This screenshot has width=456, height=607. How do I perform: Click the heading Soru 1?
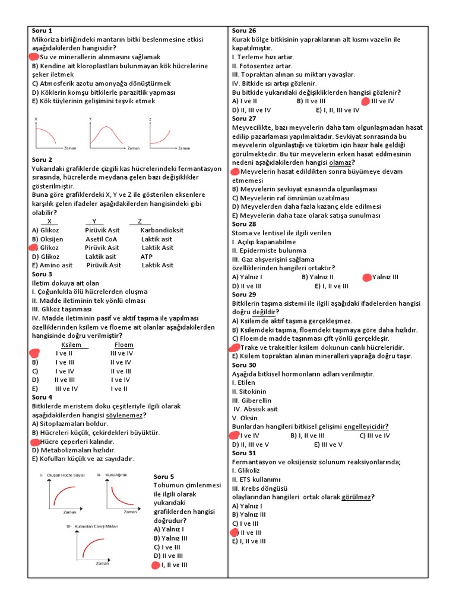(x=42, y=30)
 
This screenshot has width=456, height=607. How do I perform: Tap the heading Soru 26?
(x=244, y=30)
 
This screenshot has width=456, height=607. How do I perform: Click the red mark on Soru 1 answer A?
(x=34, y=57)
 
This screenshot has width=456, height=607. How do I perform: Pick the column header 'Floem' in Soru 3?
(x=123, y=344)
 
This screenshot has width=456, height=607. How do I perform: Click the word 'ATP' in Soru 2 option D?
(x=146, y=257)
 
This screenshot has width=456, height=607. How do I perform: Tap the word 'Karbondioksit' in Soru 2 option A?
(x=162, y=230)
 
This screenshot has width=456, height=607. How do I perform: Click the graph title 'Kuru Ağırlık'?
(x=116, y=475)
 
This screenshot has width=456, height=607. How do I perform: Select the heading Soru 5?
(x=164, y=477)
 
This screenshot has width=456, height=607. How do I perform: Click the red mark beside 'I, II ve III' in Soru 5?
(x=156, y=565)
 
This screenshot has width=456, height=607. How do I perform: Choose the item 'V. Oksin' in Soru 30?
(x=245, y=417)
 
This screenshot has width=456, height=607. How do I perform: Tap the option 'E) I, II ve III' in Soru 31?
(x=249, y=541)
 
